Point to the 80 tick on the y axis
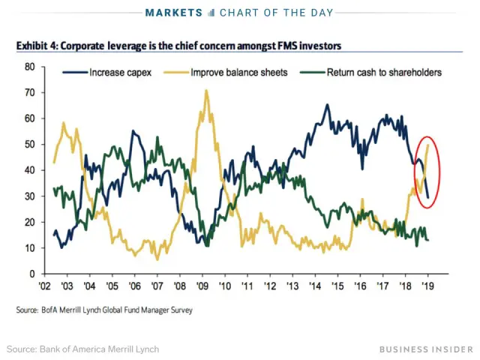(x=30, y=67)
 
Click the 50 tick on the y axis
(x=30, y=144)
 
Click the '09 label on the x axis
(x=202, y=286)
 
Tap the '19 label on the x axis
(x=428, y=286)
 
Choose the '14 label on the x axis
(x=316, y=286)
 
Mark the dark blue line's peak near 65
(x=327, y=105)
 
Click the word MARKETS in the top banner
(x=174, y=13)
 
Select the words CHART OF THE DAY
(x=276, y=13)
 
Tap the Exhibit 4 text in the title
(x=36, y=46)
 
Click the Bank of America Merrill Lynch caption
(x=82, y=349)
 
